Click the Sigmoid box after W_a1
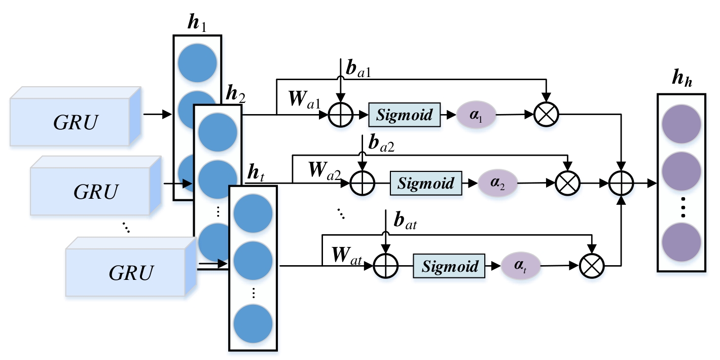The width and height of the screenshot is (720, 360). point(404,115)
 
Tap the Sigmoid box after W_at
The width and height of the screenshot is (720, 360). point(450,266)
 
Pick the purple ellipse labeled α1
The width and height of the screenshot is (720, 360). point(476,115)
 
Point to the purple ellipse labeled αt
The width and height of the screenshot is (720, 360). point(521,266)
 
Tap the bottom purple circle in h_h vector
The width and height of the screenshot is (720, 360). point(681,241)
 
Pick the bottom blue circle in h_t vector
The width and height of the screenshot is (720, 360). point(253,323)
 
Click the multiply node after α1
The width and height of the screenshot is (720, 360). point(547,115)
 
